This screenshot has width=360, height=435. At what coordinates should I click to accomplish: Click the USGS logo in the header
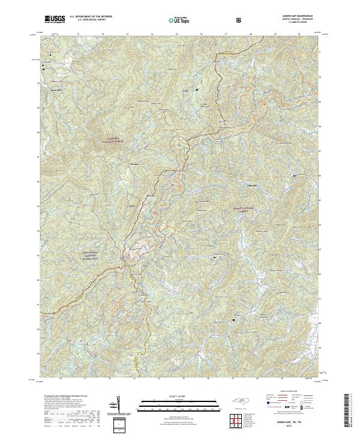point(53,19)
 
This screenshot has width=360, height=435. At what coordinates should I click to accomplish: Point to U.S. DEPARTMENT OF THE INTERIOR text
point(91,17)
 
